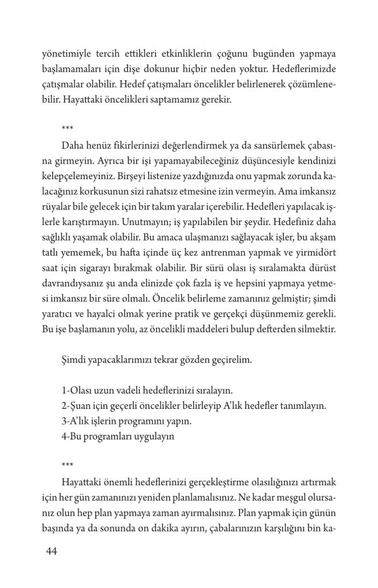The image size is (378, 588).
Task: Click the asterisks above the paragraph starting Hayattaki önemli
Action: point(67,463)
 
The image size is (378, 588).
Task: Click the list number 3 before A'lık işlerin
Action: point(63,420)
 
